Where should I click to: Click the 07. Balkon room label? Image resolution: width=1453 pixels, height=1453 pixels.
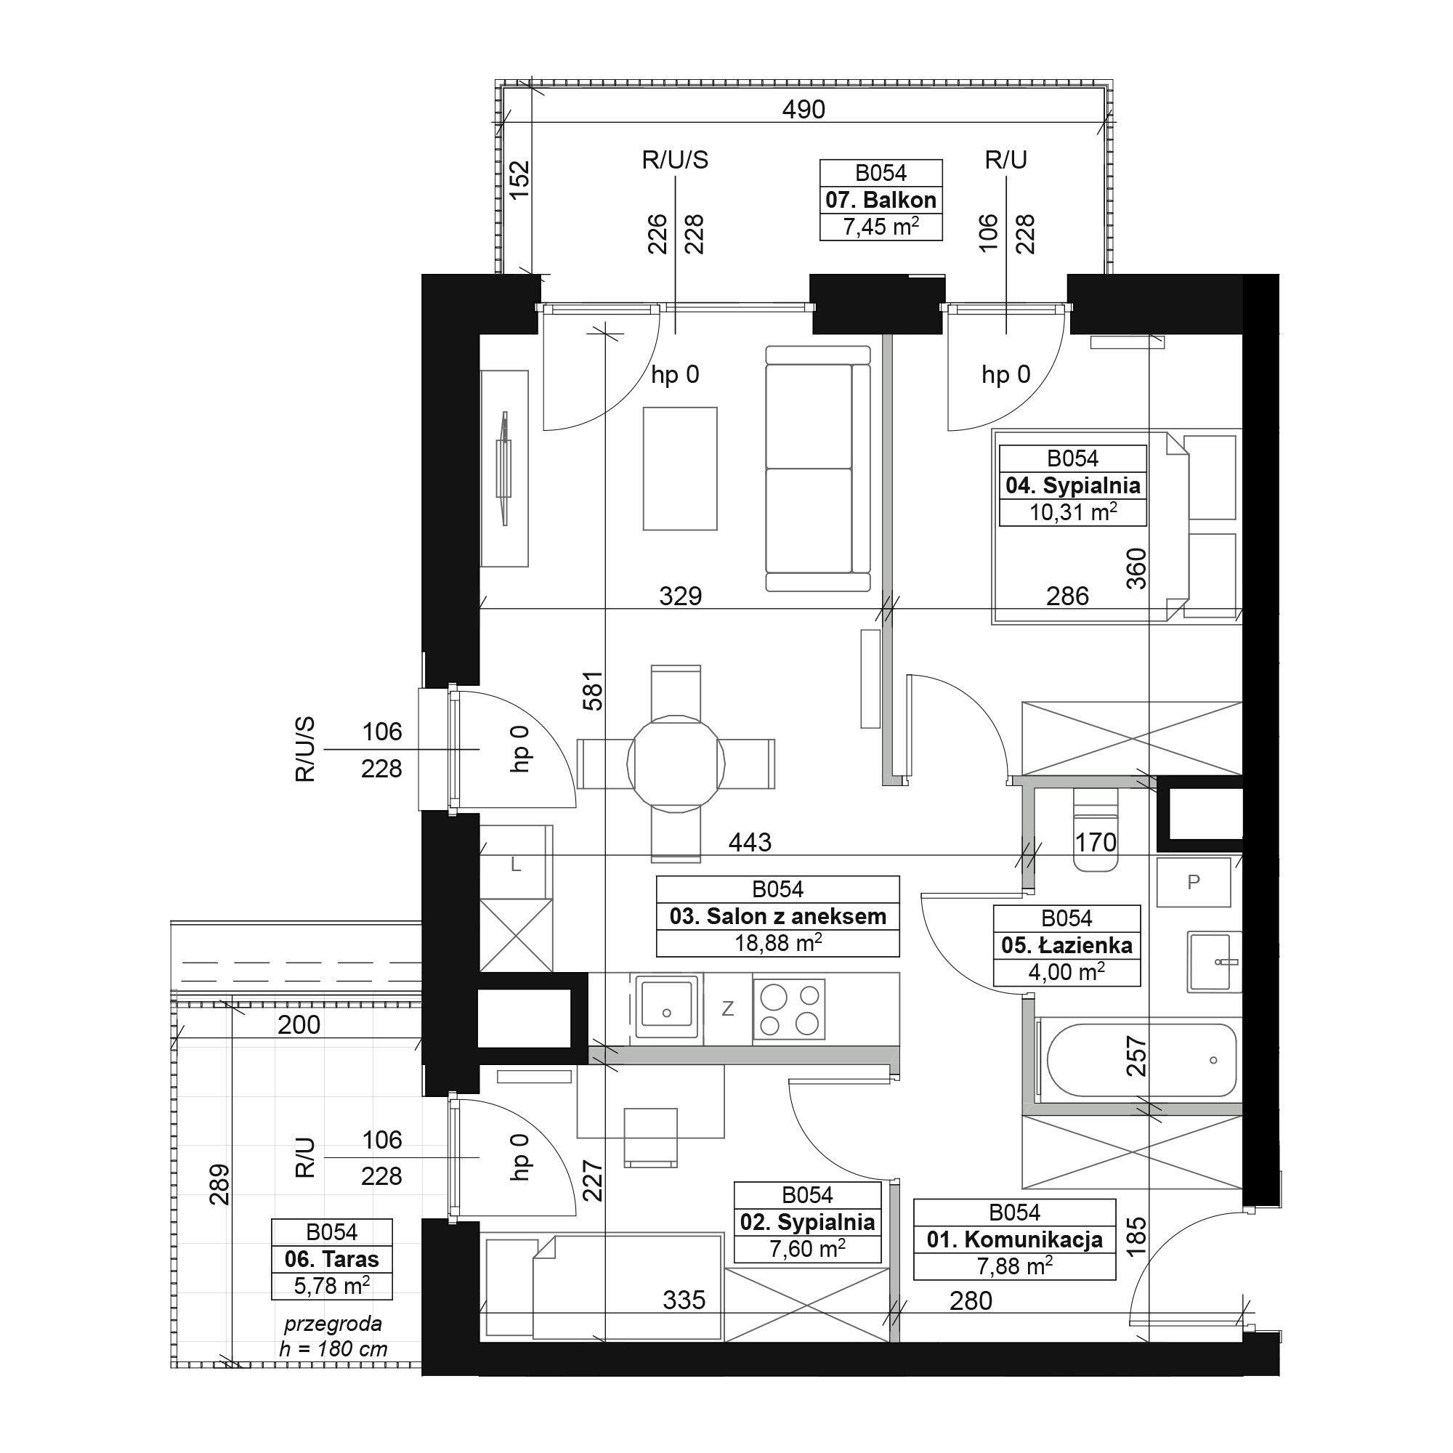881,200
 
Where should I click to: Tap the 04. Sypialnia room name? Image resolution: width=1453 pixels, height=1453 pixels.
1072,485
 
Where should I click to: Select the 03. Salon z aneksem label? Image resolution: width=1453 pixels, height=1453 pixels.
777,916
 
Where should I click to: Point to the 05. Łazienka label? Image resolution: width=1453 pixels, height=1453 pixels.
1067,945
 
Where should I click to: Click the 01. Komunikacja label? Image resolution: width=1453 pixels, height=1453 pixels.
1014,1113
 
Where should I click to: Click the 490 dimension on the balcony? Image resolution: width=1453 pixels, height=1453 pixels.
804,110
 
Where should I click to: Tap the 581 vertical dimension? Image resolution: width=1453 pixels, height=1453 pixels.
594,690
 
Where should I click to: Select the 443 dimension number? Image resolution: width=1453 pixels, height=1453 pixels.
750,842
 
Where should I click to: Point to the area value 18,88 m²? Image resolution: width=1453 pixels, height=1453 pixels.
777,943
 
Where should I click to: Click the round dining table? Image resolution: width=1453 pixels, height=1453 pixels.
676,764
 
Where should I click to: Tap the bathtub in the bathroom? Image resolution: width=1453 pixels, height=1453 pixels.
1141,1060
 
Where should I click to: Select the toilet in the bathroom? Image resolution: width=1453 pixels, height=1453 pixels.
1095,830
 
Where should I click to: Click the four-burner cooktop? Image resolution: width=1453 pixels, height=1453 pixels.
789,1010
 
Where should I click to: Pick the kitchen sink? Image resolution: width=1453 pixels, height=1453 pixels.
665,1004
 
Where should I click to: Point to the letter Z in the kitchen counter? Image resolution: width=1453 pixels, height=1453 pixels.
727,1009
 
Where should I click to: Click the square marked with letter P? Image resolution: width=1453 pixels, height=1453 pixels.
1194,882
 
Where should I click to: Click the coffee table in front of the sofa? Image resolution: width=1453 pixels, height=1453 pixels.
680,469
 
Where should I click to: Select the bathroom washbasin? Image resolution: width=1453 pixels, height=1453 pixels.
1213,962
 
